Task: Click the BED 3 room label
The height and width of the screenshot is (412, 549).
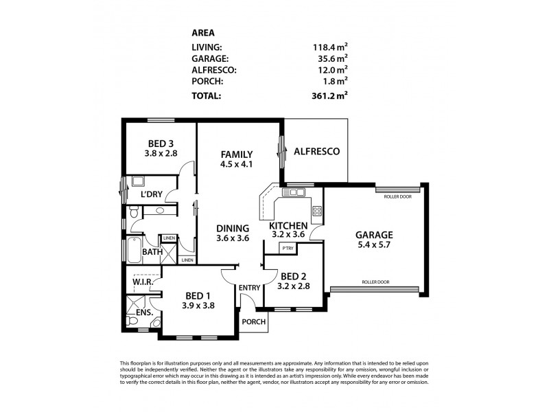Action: tap(160, 144)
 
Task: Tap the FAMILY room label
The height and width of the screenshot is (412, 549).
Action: tap(237, 154)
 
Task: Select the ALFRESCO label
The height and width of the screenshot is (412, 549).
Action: tap(316, 152)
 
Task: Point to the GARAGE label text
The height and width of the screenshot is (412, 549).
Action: tap(374, 233)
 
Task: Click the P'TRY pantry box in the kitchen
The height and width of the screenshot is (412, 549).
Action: tap(288, 248)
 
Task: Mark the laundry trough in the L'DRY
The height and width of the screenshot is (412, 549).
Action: tap(137, 181)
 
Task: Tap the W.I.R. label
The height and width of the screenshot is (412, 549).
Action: tap(142, 282)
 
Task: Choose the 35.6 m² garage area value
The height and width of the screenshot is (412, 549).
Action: tap(331, 59)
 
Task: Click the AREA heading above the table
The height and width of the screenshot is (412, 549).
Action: tap(202, 32)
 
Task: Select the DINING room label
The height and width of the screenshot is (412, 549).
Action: tap(232, 228)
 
